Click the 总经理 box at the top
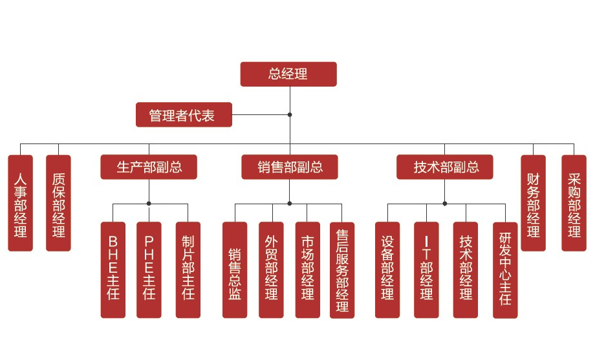pyautogui.click(x=288, y=74)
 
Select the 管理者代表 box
pyautogui.click(x=184, y=115)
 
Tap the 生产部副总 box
pyautogui.click(x=149, y=167)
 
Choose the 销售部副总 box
pyautogui.click(x=290, y=167)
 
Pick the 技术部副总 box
pyautogui.click(x=445, y=167)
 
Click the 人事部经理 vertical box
pyautogui.click(x=20, y=203)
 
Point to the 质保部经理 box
pyautogui.click(x=58, y=203)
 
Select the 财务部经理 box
pyautogui.click(x=534, y=203)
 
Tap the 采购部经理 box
pyautogui.click(x=574, y=203)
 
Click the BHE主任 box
pyautogui.click(x=113, y=270)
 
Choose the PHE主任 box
pyautogui.click(x=149, y=270)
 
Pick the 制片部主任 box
pyautogui.click(x=188, y=270)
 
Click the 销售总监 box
pyautogui.click(x=235, y=270)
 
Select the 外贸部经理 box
pyautogui.click(x=271, y=270)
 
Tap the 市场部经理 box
pyautogui.click(x=307, y=270)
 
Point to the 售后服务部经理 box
pyautogui.click(x=342, y=270)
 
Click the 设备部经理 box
pyautogui.click(x=387, y=270)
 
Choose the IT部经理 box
pyautogui.click(x=426, y=270)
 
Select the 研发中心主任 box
pyautogui.click(x=505, y=270)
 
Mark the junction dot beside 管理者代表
pyautogui.click(x=290, y=115)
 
